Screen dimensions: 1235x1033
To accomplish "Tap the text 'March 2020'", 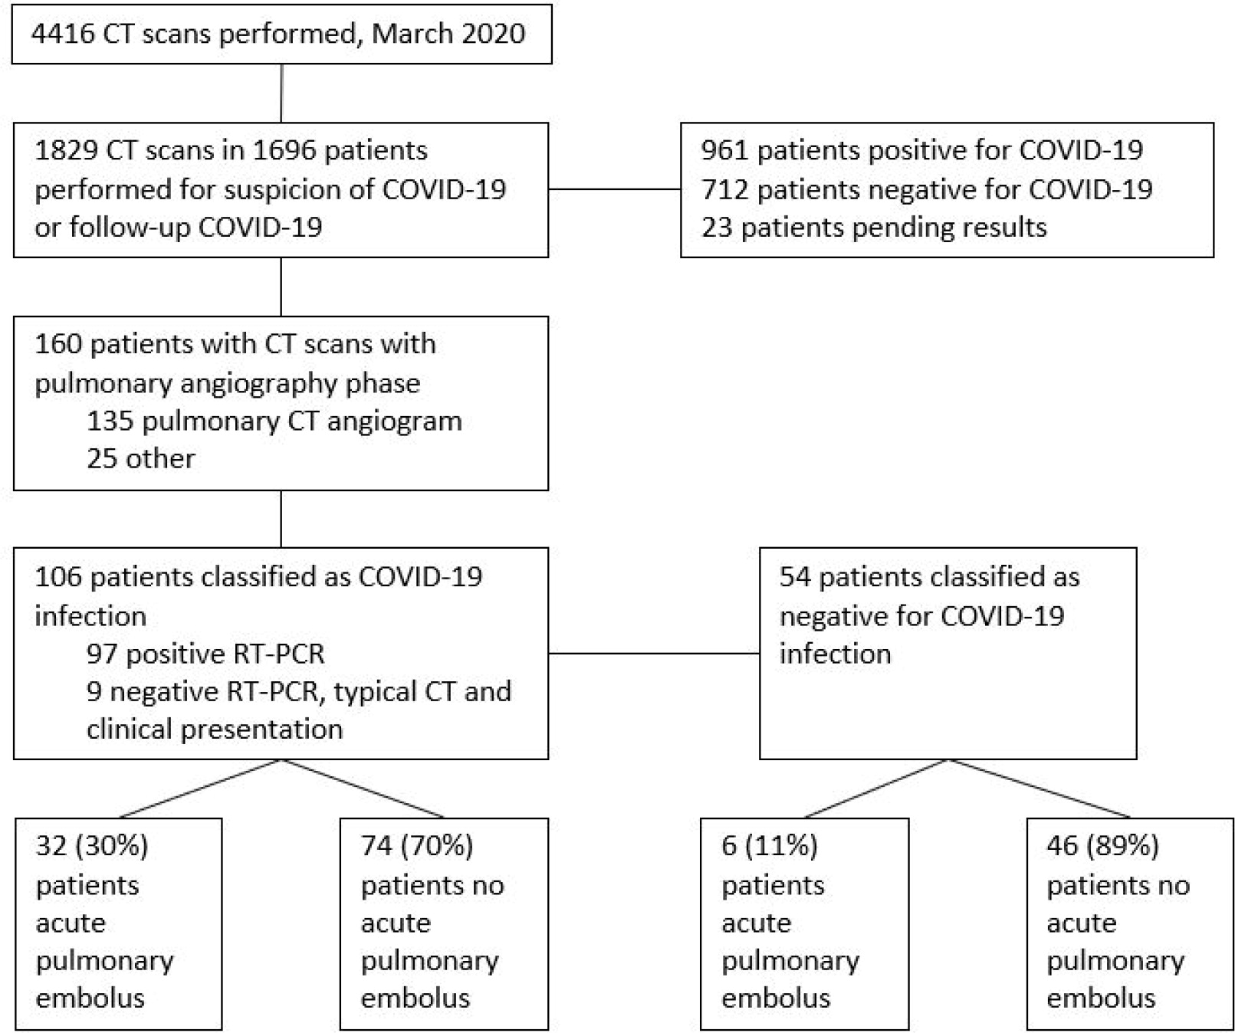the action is [448, 34].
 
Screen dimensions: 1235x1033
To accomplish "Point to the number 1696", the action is [284, 150].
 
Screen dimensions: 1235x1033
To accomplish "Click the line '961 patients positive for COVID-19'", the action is [922, 150].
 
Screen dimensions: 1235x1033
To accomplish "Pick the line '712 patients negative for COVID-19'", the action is [927, 189].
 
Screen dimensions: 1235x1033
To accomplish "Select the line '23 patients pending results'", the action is [874, 228].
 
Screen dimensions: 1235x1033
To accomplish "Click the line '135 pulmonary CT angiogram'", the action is [274, 421].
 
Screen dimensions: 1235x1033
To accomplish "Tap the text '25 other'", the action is [140, 458].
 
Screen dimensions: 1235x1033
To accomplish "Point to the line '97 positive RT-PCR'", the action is [205, 654].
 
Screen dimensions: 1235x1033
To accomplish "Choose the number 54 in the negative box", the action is [795, 576].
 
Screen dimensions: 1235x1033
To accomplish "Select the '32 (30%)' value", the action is [92, 846].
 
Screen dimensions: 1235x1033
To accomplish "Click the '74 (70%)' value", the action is [417, 846].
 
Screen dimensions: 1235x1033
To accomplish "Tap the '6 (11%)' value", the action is [770, 846].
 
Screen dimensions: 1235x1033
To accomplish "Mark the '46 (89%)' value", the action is [1102, 846].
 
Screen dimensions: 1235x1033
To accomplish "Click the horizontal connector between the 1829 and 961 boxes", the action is [615, 189].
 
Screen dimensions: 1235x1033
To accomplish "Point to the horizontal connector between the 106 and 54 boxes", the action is [654, 654].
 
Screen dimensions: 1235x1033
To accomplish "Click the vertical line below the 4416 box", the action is [281, 93].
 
